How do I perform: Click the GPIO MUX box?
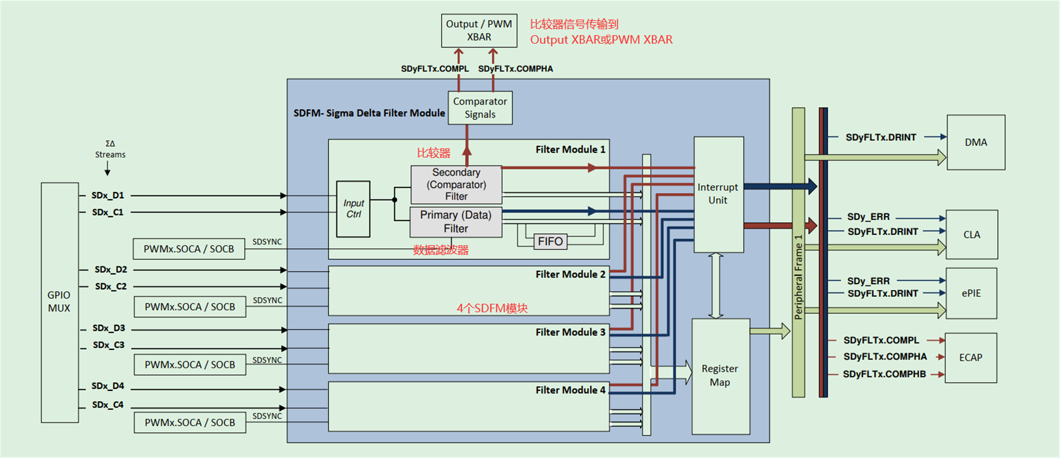point(59,302)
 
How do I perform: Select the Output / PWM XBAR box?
point(479,31)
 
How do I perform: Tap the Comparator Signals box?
point(480,108)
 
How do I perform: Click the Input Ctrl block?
point(353,209)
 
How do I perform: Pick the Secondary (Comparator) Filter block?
point(456,184)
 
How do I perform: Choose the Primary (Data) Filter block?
point(456,222)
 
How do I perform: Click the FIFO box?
point(550,241)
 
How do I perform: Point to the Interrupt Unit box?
point(718,194)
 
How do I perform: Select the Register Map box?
point(720,376)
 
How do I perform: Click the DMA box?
point(976,142)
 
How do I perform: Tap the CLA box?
point(972,235)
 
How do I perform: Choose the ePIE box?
point(971,293)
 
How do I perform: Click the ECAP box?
point(971,358)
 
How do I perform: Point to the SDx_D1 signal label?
point(108,195)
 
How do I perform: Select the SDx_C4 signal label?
point(108,405)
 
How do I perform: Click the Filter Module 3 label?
point(570,332)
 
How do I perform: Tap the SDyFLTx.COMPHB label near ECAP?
point(884,374)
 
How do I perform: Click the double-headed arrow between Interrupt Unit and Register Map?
point(716,285)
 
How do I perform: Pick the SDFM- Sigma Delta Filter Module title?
point(369,113)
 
